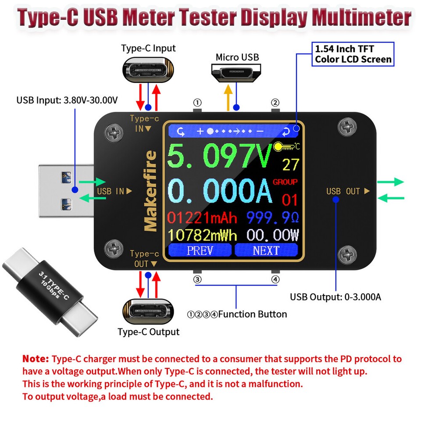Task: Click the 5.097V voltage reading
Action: (219, 156)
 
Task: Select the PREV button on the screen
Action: (200, 250)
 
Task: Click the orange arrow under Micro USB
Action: (228, 96)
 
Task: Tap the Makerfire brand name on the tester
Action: (150, 191)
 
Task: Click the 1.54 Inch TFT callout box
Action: (353, 54)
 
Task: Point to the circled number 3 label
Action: (198, 279)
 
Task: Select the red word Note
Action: (36, 359)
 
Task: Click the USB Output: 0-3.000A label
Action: (335, 297)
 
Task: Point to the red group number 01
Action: (290, 200)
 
